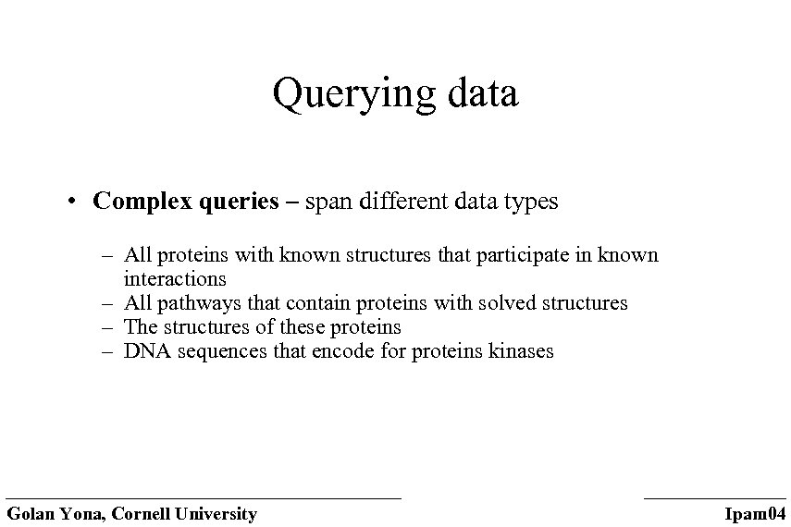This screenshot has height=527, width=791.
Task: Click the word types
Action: coord(530,202)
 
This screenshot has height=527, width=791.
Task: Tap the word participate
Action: coord(523,255)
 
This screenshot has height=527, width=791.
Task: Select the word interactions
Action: coord(175,278)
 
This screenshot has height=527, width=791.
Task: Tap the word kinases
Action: coord(523,351)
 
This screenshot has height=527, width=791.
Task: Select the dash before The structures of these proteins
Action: coord(107,327)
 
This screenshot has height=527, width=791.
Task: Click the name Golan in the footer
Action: coord(31,514)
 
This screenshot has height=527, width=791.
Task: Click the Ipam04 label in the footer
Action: coord(755,514)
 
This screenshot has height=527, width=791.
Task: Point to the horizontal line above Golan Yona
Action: coord(204,498)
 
